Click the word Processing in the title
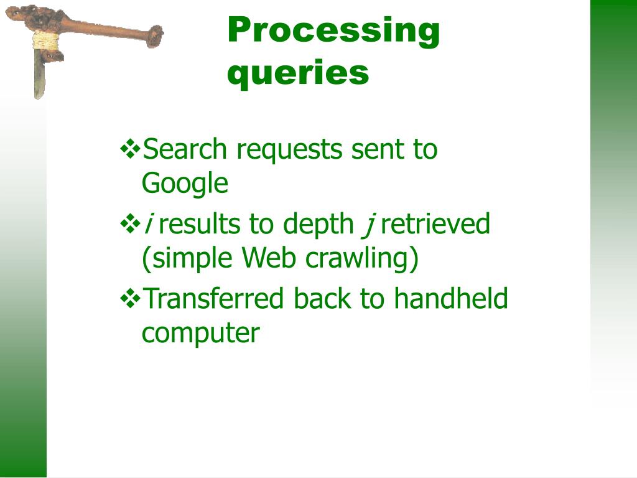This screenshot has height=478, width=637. [333, 31]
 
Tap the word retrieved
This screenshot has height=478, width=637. [435, 224]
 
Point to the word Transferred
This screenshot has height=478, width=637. [213, 299]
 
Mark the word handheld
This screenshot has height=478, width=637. [451, 299]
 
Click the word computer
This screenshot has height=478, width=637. [200, 334]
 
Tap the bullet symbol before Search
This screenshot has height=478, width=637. [130, 149]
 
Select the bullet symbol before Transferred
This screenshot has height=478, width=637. [130, 299]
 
